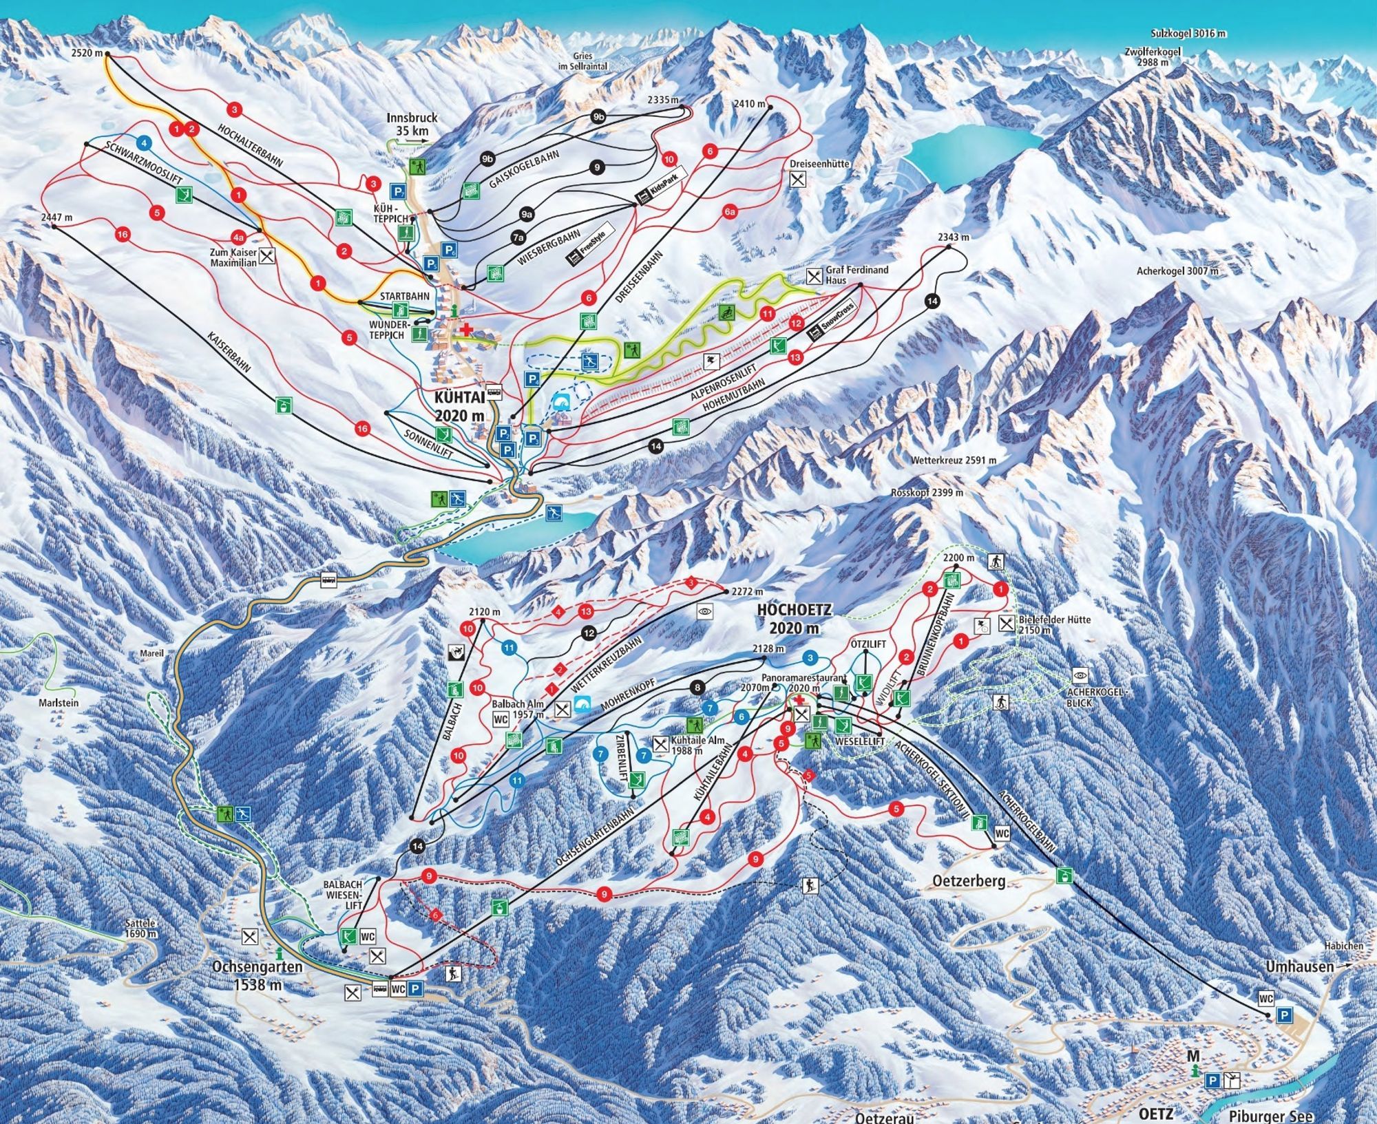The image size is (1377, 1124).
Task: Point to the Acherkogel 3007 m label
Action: tap(1177, 271)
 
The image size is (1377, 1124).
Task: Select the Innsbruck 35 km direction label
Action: tap(412, 125)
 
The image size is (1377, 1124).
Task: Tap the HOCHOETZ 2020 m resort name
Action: tap(795, 618)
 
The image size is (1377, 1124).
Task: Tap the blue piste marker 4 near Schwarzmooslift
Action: tap(143, 143)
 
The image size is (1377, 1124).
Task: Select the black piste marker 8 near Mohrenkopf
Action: tap(698, 686)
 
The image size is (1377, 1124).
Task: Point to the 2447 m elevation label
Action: tap(56, 218)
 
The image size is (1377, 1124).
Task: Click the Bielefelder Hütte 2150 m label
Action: tap(1054, 624)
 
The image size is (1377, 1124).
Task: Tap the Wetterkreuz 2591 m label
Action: tap(953, 460)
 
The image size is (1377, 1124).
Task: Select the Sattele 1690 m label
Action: tap(142, 929)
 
